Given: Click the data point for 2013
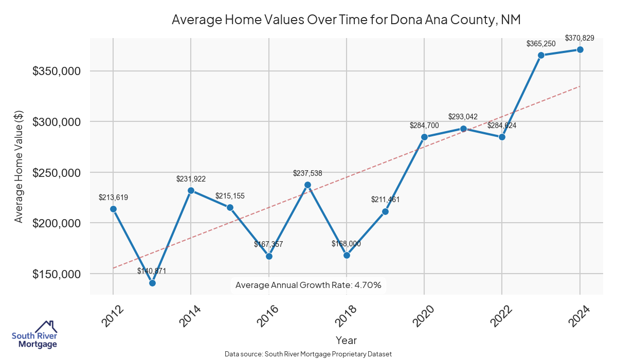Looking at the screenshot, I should pos(152,283).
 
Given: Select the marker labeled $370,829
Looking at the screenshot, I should pos(580,49).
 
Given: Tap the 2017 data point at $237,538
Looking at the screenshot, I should pos(307,185).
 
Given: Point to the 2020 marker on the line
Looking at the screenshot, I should pos(424,137).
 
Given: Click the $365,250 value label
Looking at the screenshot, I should pos(541,44).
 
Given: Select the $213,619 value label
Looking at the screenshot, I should pos(113,197).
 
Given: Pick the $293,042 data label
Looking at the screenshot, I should pos(463,117).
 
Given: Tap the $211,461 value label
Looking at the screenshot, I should pos(385,200).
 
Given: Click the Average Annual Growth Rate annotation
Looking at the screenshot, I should pos(308,285).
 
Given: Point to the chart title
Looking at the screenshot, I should pos(346,20).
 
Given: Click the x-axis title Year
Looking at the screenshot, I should pos(346,340).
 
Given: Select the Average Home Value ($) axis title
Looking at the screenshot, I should pos(19,173).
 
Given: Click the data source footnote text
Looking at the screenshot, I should pos(308,354).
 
